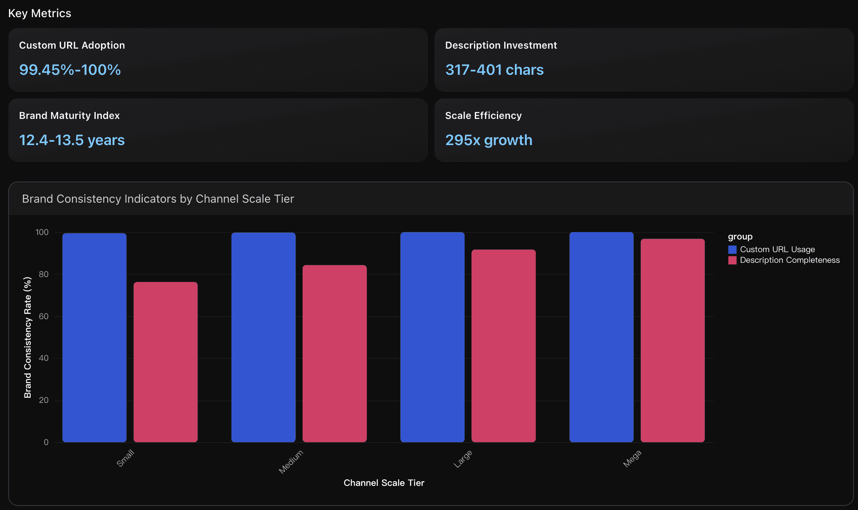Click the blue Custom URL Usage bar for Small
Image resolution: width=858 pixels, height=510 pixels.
tap(94, 338)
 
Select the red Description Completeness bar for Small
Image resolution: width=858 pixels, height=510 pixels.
tap(166, 362)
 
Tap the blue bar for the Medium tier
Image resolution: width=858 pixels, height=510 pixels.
tap(263, 338)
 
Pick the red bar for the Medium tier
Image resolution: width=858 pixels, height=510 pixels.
tap(335, 353)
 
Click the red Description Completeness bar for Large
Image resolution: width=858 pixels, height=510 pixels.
tap(503, 346)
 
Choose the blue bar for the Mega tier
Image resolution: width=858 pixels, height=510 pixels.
tap(601, 337)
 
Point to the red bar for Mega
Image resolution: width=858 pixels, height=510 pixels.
tap(672, 340)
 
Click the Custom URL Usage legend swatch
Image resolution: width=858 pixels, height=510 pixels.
tap(732, 249)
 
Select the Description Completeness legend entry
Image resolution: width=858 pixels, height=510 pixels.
tap(789, 260)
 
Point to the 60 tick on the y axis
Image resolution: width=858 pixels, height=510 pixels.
tap(44, 316)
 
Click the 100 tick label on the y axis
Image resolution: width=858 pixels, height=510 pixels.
tap(42, 232)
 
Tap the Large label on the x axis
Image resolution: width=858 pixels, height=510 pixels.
tap(463, 459)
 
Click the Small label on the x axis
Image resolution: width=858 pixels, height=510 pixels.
tap(125, 458)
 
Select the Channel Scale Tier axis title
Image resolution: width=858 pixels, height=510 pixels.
tap(384, 483)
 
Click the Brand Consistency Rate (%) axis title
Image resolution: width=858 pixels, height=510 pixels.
tap(27, 337)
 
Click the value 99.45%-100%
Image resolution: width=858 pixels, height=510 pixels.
tap(70, 70)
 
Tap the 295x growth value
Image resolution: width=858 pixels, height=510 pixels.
tap(489, 140)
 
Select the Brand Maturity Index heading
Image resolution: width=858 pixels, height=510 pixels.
tap(70, 116)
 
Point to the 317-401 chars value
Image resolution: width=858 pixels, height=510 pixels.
tap(494, 70)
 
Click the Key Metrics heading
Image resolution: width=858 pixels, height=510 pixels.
tap(40, 13)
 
